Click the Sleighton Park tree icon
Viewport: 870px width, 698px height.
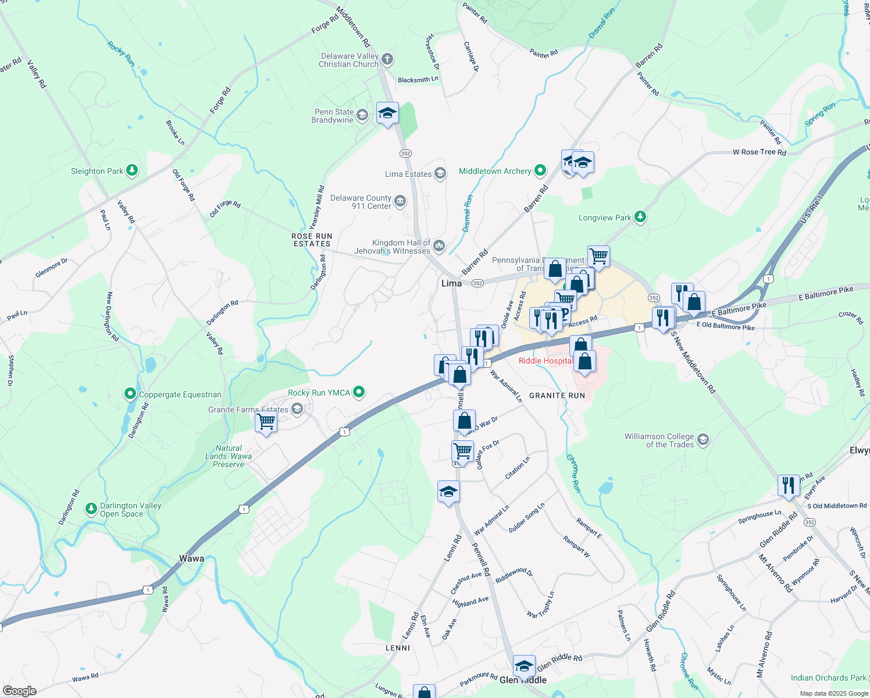pyautogui.click(x=133, y=170)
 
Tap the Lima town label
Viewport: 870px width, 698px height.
pyautogui.click(x=451, y=283)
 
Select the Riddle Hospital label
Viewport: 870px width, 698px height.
pyautogui.click(x=545, y=361)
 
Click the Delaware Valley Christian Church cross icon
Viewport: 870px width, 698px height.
pyautogui.click(x=388, y=59)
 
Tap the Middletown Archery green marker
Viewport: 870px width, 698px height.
pyautogui.click(x=540, y=170)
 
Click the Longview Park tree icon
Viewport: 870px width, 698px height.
pyautogui.click(x=640, y=217)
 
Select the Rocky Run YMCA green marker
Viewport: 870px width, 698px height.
pyautogui.click(x=359, y=392)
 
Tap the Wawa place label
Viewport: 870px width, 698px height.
pyautogui.click(x=191, y=558)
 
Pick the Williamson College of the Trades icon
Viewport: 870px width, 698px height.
pyautogui.click(x=703, y=440)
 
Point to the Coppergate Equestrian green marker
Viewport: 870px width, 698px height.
pyautogui.click(x=130, y=394)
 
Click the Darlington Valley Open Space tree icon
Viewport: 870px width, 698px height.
pyautogui.click(x=91, y=509)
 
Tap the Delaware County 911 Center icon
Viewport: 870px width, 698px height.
pyautogui.click(x=400, y=202)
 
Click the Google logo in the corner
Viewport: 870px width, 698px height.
pyautogui.click(x=20, y=690)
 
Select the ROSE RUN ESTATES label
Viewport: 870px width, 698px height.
pyautogui.click(x=312, y=240)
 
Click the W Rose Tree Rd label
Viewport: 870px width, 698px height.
pyautogui.click(x=759, y=152)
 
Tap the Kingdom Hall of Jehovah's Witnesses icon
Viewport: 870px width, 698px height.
pyautogui.click(x=439, y=247)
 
